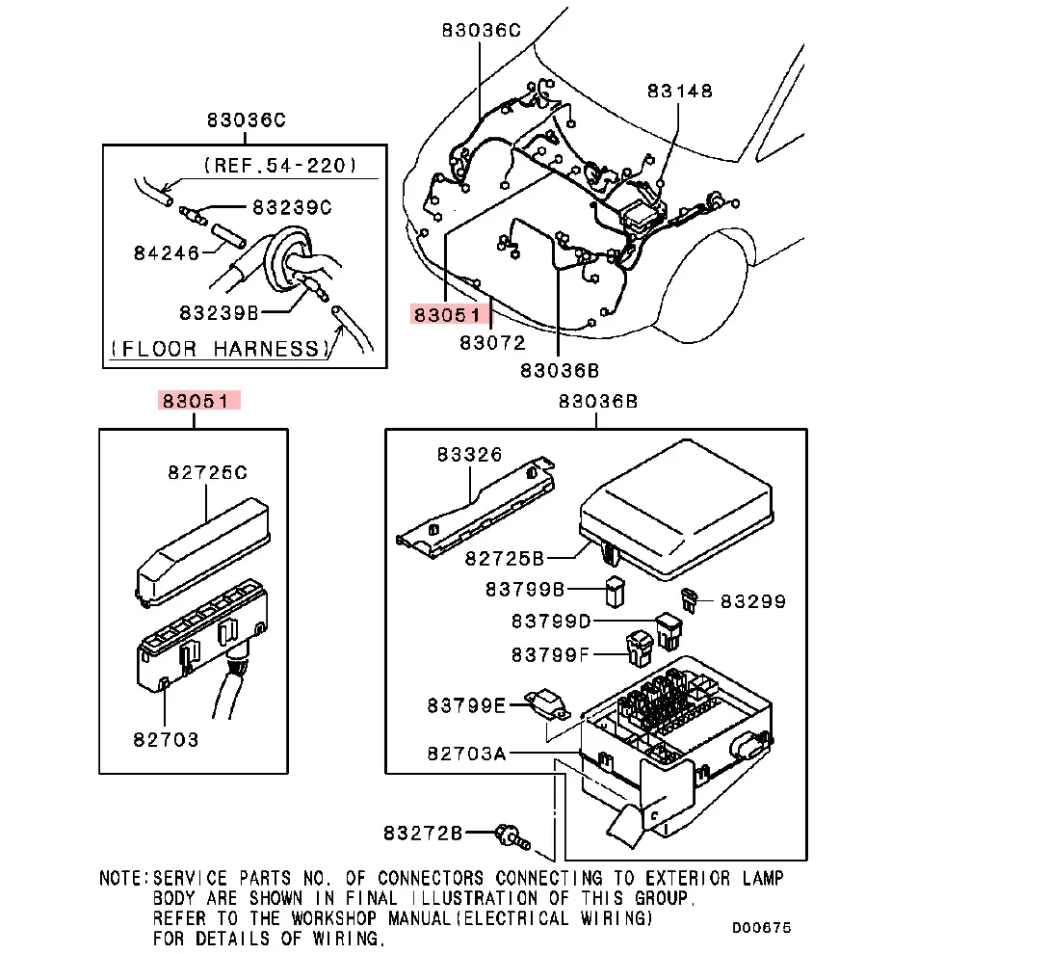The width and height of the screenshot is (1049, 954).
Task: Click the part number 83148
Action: coord(679,91)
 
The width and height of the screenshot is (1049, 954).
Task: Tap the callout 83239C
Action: coord(291,207)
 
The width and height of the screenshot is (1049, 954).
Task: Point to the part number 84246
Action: coord(166,253)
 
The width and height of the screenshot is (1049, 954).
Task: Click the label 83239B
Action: coord(218,312)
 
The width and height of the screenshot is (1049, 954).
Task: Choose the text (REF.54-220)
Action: coord(279,166)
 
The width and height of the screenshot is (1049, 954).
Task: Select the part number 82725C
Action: coord(207,472)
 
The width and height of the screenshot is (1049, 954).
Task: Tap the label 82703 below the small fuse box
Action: coord(166,739)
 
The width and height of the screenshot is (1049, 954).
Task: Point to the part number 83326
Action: coord(469,454)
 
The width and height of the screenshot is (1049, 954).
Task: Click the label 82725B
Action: coord(505,558)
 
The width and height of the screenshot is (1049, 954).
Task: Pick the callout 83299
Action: coord(753,601)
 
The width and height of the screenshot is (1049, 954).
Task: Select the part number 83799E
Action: coord(466,706)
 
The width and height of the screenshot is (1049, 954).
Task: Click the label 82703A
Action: coord(466,753)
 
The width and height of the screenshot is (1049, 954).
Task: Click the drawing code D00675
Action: coord(760,927)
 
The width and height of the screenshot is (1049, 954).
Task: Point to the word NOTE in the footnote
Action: coord(123,878)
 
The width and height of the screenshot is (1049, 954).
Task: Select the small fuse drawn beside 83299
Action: coord(690,598)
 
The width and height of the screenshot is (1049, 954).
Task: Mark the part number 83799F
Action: coord(550,654)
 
